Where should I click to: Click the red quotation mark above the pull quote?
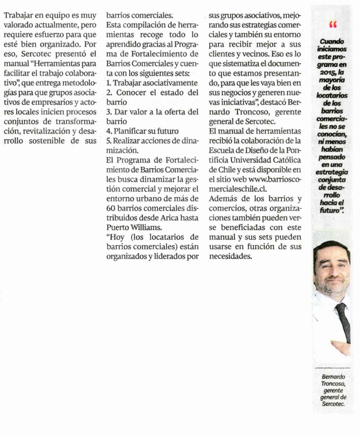(x=333, y=25)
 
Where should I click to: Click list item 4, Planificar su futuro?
(x=142, y=131)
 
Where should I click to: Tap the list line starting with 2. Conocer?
(x=152, y=92)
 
